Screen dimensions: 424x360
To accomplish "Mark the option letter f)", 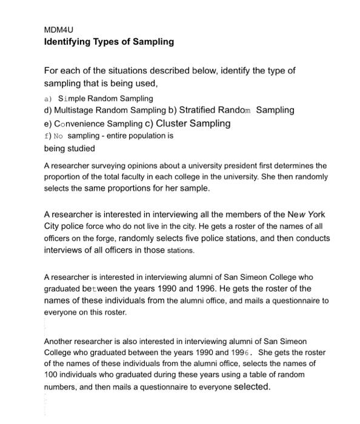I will pos(48,136).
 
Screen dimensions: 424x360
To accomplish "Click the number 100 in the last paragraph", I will pos(51,375).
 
